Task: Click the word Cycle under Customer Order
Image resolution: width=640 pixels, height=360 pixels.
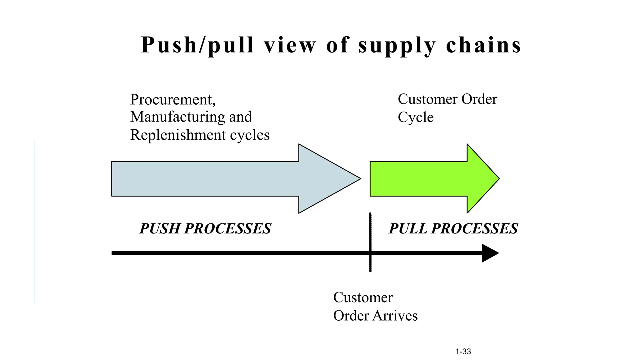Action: pyautogui.click(x=415, y=118)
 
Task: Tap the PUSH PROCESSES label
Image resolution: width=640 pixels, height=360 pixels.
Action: pyautogui.click(x=205, y=228)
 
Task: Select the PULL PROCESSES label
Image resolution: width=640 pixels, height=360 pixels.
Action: pyautogui.click(x=453, y=228)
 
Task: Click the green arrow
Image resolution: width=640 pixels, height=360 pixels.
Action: pyautogui.click(x=431, y=179)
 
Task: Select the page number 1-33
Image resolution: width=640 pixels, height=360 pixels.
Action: pyautogui.click(x=463, y=352)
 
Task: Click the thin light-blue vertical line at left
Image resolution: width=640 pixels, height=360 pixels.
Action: pyautogui.click(x=34, y=222)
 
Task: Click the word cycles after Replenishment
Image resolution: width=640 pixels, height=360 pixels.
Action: pyautogui.click(x=250, y=135)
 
